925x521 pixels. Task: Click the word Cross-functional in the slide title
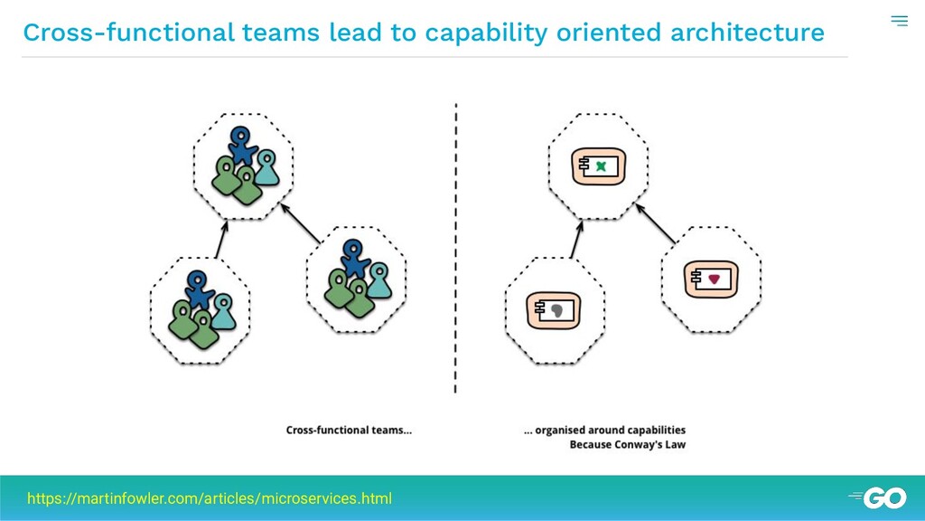tap(128, 33)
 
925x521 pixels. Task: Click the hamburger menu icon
tap(899, 21)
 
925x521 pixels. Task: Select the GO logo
tap(878, 497)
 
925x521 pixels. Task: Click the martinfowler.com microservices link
tap(210, 498)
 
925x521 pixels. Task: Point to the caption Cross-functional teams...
tap(349, 431)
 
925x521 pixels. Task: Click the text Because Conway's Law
tap(627, 445)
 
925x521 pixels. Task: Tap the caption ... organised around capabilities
tap(604, 431)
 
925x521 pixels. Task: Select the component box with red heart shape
tap(712, 279)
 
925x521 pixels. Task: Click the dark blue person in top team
tap(241, 146)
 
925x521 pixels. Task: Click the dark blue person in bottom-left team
tap(199, 287)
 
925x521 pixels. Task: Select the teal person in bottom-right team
tap(378, 278)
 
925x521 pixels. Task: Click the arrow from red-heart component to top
tap(658, 223)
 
